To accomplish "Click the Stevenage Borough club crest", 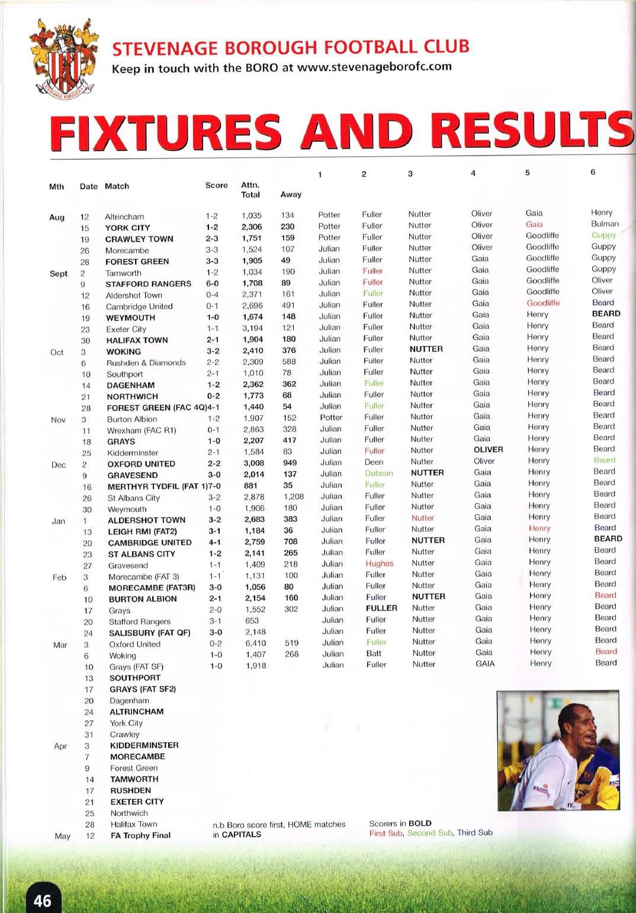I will [x=59, y=60].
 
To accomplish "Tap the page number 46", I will [x=43, y=901].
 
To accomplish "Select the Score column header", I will [x=216, y=185].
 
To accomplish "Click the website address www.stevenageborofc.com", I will [x=374, y=66].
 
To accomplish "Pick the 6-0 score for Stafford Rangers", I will [x=213, y=284].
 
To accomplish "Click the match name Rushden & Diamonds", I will [x=146, y=363].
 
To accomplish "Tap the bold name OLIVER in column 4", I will [x=488, y=449].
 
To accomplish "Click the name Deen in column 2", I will [x=374, y=462].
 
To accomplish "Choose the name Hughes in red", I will [x=379, y=564].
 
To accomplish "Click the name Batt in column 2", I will [x=374, y=654].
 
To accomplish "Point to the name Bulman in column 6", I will [x=605, y=224].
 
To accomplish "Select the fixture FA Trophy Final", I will [x=140, y=835].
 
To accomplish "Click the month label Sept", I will [x=59, y=274].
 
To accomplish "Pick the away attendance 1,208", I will [x=293, y=497].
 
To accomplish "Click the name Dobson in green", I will [x=378, y=473].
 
